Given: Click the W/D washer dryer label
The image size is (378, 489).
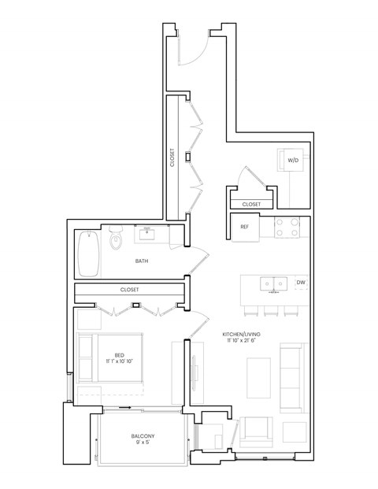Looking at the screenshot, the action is tap(293, 161).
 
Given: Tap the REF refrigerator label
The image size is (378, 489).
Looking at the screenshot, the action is tap(244, 227).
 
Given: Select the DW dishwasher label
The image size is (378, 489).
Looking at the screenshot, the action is tap(301, 282).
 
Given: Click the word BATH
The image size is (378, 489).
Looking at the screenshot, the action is tap(142, 261).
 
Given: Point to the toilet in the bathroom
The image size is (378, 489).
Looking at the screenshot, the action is tap(116, 238).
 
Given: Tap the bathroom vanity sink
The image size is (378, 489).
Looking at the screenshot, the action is tap(147, 234).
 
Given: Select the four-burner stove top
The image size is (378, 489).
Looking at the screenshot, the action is tap(287, 228).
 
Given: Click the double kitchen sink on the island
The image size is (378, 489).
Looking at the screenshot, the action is tap(273, 283).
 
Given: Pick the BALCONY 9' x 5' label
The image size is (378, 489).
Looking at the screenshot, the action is tap(143, 439).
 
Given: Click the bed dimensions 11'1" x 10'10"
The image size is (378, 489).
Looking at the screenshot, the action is tap(119, 361).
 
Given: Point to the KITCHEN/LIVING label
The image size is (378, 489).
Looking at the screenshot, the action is tap(242, 335).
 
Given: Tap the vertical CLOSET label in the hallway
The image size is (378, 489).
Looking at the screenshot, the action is tap(172, 157).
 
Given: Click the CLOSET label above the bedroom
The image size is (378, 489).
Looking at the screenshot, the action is tap(129, 290).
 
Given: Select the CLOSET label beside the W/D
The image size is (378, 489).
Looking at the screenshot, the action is tap(251, 204).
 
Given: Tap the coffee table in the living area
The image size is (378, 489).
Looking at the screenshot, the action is tap(258, 378).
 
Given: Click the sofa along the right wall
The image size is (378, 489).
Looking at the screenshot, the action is tap(291, 378).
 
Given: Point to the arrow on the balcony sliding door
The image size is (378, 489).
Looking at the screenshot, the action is tap(125, 407).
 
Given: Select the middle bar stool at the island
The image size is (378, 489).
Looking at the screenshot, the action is tap(271, 310).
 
